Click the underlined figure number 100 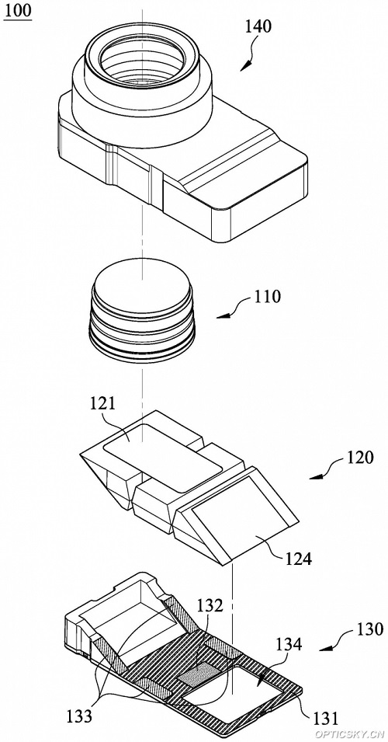(x=18, y=10)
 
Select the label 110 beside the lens (x=267, y=297)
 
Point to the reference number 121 (x=102, y=404)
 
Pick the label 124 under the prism (x=298, y=559)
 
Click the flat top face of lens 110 (x=142, y=286)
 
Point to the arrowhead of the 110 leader (x=221, y=317)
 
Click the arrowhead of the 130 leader (x=324, y=650)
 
